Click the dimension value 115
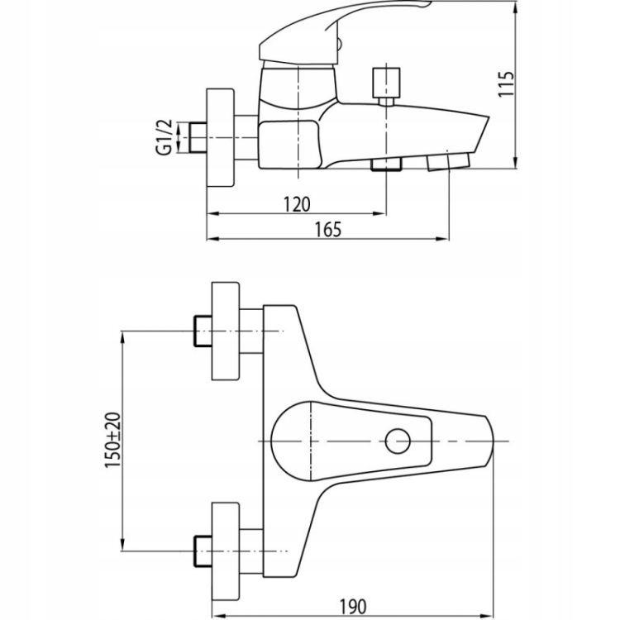507,83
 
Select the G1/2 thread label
165,136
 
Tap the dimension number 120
297,204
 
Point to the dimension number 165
328,230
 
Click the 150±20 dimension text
112,440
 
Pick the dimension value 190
353,606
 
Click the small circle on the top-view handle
398,441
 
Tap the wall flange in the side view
220,137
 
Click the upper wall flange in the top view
226,331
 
